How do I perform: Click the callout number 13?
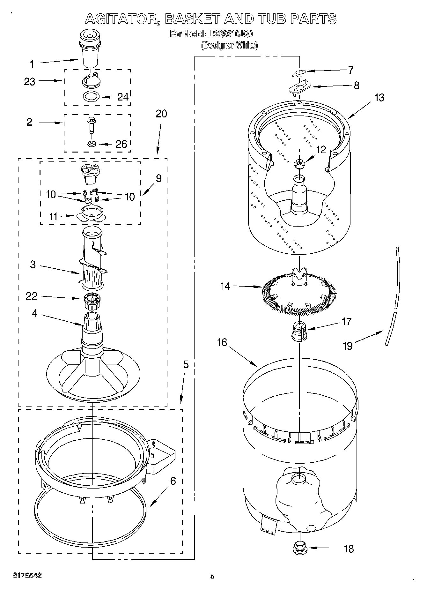click(x=379, y=98)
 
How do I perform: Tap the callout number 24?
click(x=123, y=97)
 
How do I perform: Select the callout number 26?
click(x=121, y=144)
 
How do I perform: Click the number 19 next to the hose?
click(x=348, y=346)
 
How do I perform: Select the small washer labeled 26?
click(x=92, y=144)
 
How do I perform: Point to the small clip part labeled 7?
click(x=298, y=73)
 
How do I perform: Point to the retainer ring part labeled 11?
click(x=91, y=214)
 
